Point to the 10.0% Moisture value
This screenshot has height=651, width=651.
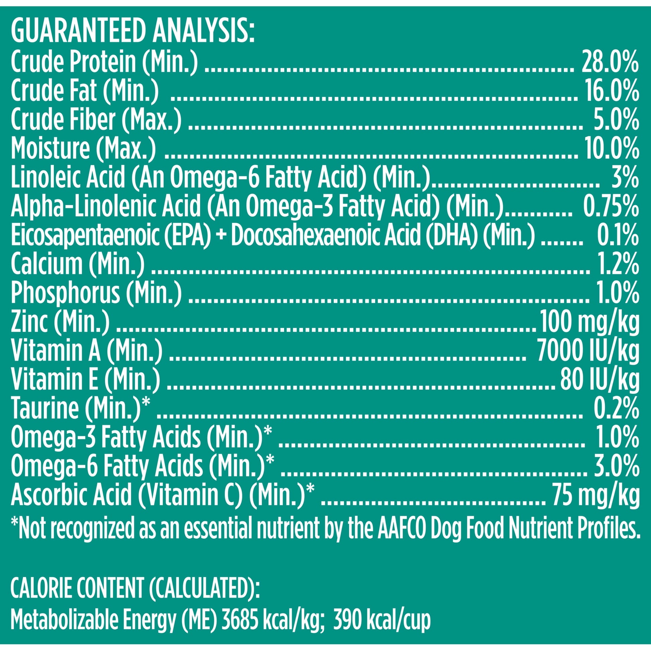coord(612,149)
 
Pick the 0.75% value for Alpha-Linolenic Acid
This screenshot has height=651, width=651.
coord(611,206)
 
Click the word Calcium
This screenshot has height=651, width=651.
coord(46,264)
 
